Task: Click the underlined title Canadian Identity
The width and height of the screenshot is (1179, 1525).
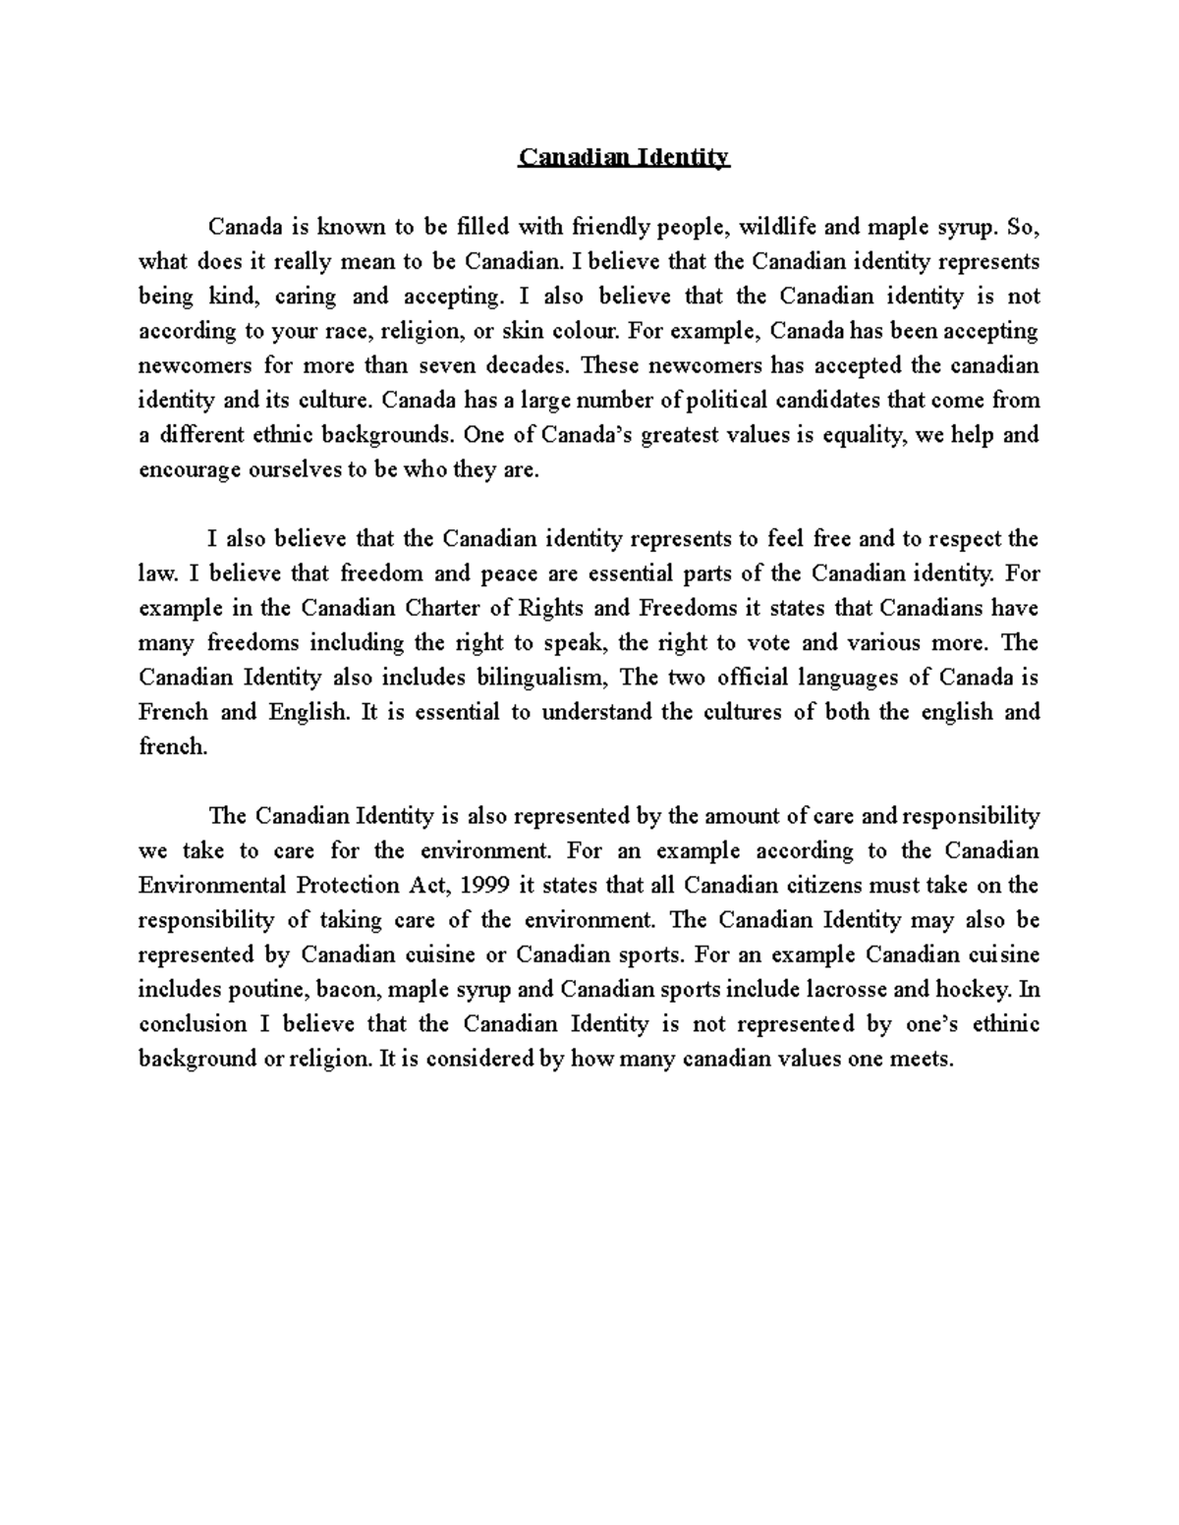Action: pyautogui.click(x=624, y=158)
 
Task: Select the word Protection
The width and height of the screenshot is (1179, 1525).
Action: pyautogui.click(x=345, y=886)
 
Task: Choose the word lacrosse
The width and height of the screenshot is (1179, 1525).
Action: pyautogui.click(x=843, y=990)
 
